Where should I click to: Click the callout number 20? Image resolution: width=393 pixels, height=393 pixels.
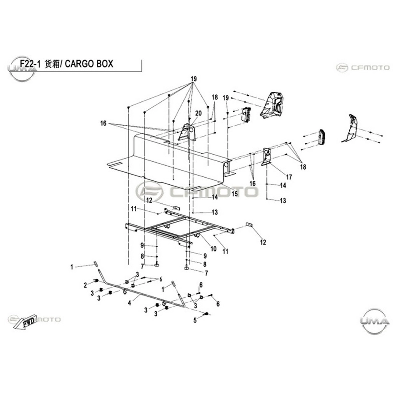click(198, 113)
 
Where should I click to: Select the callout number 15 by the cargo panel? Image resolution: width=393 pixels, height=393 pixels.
click(234, 193)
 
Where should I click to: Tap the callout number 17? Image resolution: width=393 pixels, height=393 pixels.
click(289, 177)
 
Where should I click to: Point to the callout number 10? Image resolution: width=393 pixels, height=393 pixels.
click(213, 249)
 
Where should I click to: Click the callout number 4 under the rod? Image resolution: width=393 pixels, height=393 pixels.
click(129, 303)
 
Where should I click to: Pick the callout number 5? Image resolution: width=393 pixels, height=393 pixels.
click(195, 320)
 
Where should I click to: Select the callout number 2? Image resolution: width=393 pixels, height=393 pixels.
click(86, 285)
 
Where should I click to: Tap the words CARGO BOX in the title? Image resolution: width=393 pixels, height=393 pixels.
click(89, 64)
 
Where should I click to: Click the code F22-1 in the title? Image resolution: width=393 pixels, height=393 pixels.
click(30, 64)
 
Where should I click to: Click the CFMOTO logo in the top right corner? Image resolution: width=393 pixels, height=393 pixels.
click(363, 68)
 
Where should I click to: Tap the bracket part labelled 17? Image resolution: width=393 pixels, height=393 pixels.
click(266, 157)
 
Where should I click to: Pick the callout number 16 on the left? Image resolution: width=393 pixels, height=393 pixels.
click(103, 123)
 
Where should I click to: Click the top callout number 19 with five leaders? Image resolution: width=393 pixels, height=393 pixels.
click(193, 79)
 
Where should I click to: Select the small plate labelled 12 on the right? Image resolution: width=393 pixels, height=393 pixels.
click(249, 224)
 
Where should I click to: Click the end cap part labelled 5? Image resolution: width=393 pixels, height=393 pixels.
click(207, 314)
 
